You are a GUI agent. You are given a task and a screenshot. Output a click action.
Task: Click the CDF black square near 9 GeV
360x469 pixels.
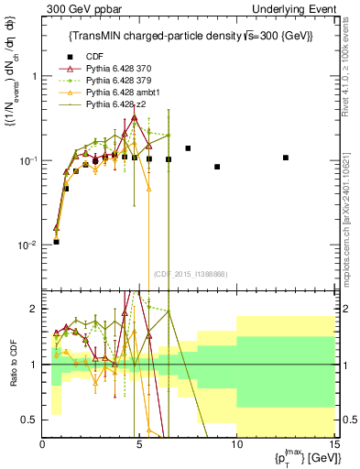(217, 167)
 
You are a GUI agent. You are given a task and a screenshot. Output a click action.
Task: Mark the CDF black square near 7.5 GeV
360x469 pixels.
(188, 147)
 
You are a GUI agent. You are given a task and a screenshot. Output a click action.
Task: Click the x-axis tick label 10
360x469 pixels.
(236, 444)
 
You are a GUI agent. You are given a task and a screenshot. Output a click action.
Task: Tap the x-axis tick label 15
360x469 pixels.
(333, 444)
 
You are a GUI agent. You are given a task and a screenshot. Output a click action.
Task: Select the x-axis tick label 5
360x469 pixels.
(139, 444)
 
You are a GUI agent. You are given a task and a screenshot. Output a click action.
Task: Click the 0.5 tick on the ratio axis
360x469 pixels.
(32, 420)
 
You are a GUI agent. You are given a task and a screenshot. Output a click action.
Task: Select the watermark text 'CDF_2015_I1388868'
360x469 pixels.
(191, 274)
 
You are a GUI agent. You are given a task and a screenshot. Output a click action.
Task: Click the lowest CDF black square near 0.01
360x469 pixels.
(57, 242)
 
